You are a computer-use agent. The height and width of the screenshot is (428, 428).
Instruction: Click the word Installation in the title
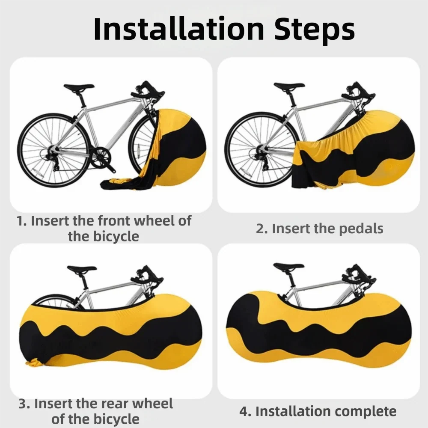pos(179,29)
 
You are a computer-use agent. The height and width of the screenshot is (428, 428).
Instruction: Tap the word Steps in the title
pos(315,30)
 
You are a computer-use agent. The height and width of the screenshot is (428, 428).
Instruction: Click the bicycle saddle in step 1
pos(79,87)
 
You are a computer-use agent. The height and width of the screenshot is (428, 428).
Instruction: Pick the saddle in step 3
pos(82,269)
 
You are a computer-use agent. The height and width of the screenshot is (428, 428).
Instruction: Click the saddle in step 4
pos(288,266)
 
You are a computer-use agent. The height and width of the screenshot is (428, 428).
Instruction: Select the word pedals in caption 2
pos(360,229)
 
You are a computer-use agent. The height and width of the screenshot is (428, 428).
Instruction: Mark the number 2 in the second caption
pos(260,229)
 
